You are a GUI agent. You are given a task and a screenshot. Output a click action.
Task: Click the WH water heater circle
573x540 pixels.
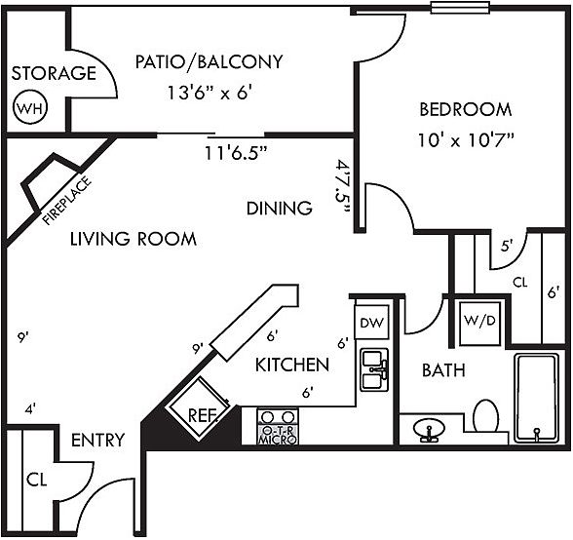pyautogui.click(x=30, y=108)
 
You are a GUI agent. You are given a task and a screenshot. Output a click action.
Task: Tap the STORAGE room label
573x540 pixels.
pyautogui.click(x=54, y=73)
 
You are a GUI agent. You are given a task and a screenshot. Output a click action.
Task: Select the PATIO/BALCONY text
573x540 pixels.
pyautogui.click(x=209, y=61)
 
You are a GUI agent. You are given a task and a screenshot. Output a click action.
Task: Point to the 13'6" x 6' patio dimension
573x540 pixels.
pyautogui.click(x=210, y=93)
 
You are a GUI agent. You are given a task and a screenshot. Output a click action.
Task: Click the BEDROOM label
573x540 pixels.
pyautogui.click(x=465, y=109)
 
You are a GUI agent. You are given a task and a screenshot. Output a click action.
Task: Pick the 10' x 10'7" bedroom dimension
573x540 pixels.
pyautogui.click(x=466, y=139)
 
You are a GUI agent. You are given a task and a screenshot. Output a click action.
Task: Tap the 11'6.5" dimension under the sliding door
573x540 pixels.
pyautogui.click(x=236, y=153)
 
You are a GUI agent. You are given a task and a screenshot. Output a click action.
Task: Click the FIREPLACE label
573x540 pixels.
pyautogui.click(x=66, y=201)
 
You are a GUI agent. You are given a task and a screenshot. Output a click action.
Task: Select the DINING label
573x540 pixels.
pyautogui.click(x=280, y=208)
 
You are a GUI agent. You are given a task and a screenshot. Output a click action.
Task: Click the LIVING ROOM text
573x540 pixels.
pyautogui.click(x=134, y=239)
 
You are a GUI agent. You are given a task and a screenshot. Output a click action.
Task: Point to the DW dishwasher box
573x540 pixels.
pyautogui.click(x=372, y=322)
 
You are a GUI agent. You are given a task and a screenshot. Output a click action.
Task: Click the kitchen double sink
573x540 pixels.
pyautogui.click(x=374, y=370)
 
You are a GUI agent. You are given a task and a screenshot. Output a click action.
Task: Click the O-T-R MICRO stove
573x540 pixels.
pyautogui.click(x=278, y=426)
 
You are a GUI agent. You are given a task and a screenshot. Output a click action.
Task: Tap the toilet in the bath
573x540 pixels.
pyautogui.click(x=486, y=416)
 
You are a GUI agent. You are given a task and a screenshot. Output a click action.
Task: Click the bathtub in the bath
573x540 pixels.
pyautogui.click(x=537, y=397)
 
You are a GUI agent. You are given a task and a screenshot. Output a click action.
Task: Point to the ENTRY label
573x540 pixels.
pyautogui.click(x=97, y=441)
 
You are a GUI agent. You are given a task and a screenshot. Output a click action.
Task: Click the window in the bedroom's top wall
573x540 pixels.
pyautogui.click(x=460, y=8)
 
